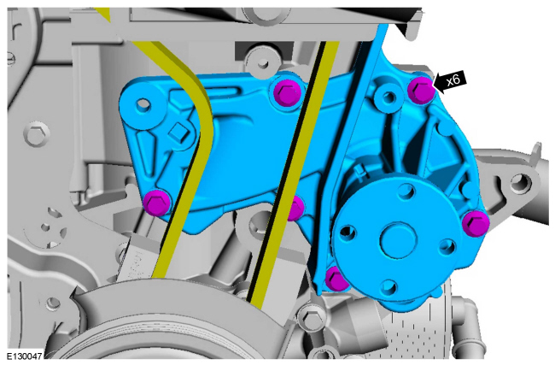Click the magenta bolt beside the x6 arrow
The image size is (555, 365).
pyautogui.click(x=421, y=89)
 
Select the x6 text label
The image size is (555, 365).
pyautogui.click(x=453, y=80)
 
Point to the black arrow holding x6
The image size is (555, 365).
pyautogui.click(x=450, y=81)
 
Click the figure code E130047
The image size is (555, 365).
pyautogui.click(x=25, y=356)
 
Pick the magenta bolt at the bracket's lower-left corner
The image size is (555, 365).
pyautogui.click(x=157, y=203)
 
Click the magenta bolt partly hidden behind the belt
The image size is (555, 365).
pyautogui.click(x=295, y=208)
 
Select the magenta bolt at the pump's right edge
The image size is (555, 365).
pyautogui.click(x=476, y=223)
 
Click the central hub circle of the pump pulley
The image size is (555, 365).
pyautogui.click(x=398, y=240)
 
